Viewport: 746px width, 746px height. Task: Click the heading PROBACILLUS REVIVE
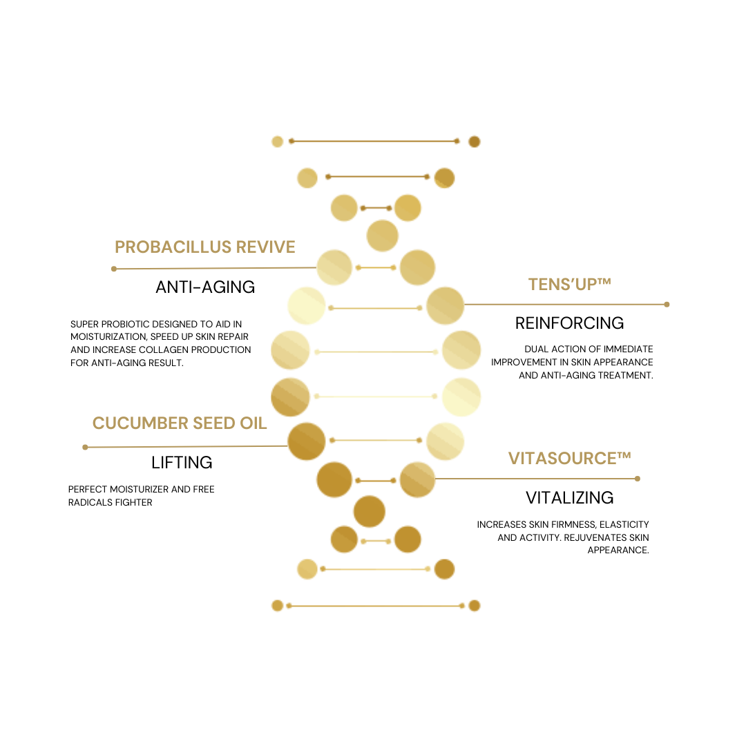point(205,247)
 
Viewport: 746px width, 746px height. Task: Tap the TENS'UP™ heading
point(569,284)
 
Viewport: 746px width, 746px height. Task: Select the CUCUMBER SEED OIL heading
point(180,423)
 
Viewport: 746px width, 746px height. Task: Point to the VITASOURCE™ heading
point(569,458)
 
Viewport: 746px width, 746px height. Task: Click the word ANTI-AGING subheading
point(205,287)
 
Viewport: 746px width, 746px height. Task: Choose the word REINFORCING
point(569,323)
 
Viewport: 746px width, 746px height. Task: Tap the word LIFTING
point(182,462)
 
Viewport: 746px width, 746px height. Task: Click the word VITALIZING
point(569,497)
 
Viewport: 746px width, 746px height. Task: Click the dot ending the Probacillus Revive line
point(114,269)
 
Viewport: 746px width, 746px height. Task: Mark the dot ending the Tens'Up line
point(667,305)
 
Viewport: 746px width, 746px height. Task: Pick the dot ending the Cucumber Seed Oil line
point(85,447)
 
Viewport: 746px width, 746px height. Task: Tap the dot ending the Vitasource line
point(638,479)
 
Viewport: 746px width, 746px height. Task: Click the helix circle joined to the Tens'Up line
point(445,305)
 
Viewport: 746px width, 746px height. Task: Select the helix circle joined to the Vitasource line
point(417,479)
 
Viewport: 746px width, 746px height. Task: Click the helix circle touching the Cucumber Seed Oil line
point(307,441)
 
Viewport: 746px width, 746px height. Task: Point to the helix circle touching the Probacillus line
point(334,267)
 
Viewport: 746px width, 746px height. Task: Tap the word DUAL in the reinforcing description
point(535,350)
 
